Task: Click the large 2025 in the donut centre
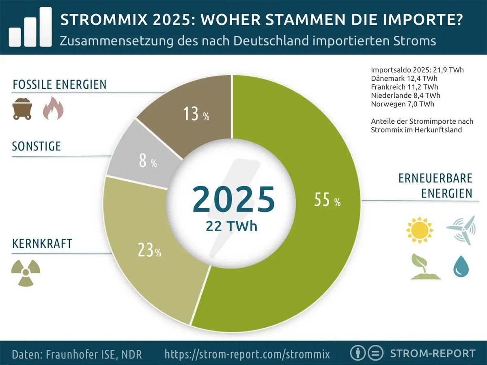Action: pos(233,199)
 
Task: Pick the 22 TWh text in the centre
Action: pos(231,226)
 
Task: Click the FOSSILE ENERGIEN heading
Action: pos(60,85)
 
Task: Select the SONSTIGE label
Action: pos(37,146)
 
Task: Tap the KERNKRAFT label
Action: pos(42,244)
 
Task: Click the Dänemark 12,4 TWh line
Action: pos(404,78)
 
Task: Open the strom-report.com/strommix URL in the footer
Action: pos(247,354)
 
